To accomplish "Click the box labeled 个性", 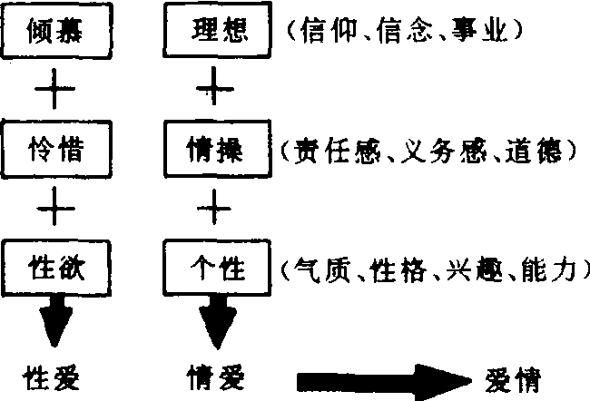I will (217, 267).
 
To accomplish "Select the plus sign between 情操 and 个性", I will (216, 209).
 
